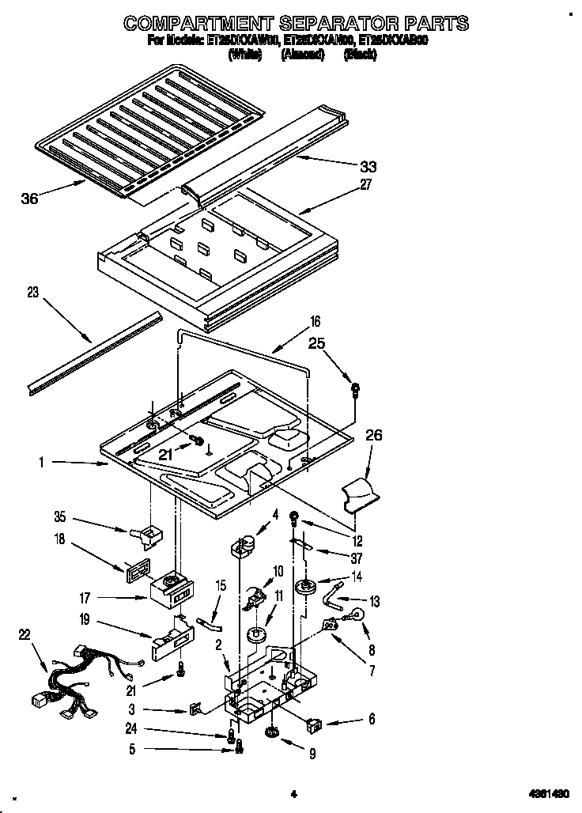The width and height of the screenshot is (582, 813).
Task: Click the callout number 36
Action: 29,199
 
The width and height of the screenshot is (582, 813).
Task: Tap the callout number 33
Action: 368,166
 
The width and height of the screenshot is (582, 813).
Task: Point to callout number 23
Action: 32,292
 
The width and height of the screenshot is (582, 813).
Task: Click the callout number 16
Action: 315,321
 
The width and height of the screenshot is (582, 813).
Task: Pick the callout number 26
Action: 374,434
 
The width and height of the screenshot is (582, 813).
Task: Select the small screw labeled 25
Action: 356,388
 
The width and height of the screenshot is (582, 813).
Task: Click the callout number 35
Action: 59,520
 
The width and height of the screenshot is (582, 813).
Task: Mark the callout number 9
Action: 312,754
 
